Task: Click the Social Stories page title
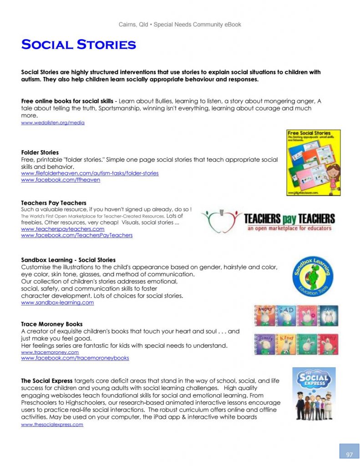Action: (x=78, y=45)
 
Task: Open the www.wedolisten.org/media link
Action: (x=53, y=123)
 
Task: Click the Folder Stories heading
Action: (x=40, y=152)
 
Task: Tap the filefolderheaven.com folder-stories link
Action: (x=90, y=173)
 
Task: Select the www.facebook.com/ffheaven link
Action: (x=61, y=180)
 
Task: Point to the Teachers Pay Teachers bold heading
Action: (x=54, y=203)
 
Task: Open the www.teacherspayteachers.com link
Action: (x=63, y=229)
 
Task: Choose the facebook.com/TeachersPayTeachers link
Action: (x=77, y=235)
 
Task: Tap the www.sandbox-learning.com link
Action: (x=57, y=302)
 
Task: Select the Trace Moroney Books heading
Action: (x=52, y=324)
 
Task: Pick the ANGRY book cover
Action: (x=264, y=316)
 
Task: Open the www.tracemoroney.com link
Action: (x=50, y=352)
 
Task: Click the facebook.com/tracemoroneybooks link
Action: (x=75, y=358)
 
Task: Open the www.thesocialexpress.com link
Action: (x=52, y=425)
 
